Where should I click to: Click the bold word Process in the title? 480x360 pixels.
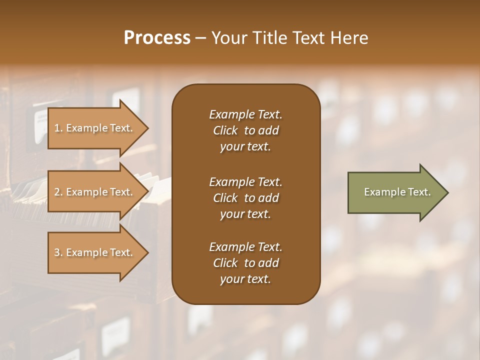click(157, 38)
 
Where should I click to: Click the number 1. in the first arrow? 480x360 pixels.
click(58, 128)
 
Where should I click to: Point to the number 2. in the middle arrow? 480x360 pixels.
click(58, 192)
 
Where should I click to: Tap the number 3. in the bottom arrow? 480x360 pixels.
click(58, 252)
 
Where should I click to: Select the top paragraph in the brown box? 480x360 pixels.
click(245, 130)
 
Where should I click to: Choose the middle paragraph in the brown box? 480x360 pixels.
click(245, 198)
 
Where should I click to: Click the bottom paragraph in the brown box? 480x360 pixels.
click(245, 263)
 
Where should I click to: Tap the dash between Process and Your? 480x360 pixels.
click(200, 38)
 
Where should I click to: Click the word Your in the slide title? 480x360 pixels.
click(227, 38)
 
